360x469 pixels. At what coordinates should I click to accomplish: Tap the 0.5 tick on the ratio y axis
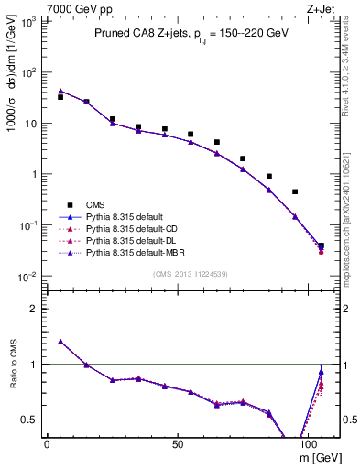(29, 420)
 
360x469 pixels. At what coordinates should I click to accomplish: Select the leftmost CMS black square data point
(60, 96)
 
